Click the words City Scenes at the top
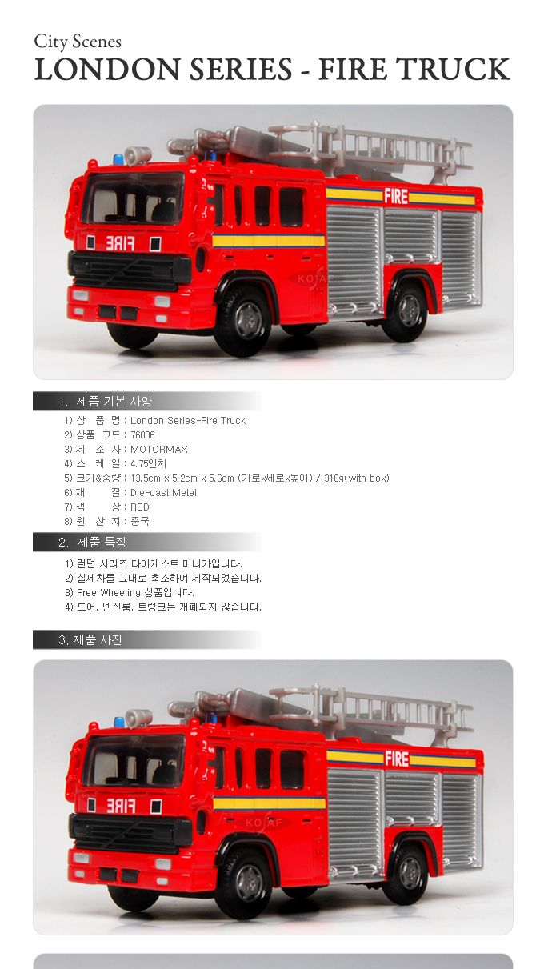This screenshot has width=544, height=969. pos(78,42)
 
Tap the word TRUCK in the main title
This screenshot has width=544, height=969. pos(454,69)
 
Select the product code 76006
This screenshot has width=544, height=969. pos(142,434)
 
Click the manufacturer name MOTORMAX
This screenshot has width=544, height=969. pos(158,450)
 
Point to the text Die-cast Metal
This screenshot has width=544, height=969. pos(163,492)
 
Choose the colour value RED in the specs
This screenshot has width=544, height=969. pos(140,507)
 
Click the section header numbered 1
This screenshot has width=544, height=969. pos(106,402)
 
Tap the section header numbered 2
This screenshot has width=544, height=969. pos(92,542)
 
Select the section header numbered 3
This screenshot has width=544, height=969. pos(90,640)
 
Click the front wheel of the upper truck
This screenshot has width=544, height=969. pos(245,321)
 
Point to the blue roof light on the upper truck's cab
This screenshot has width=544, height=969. pos(118,159)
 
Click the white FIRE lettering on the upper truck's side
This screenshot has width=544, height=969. pos(396,197)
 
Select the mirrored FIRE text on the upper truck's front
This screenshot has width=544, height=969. pos(120,244)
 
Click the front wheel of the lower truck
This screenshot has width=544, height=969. pos(245,883)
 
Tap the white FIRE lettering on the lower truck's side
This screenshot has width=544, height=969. pos(397,759)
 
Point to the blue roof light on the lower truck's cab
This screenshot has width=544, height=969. pos(119,722)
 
